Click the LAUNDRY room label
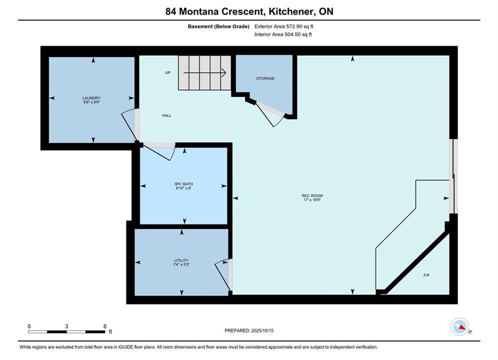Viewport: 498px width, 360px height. point(92,98)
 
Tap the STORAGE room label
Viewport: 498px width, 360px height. point(265,78)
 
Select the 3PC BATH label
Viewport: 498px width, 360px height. point(184,184)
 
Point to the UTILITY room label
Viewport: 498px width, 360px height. point(181,260)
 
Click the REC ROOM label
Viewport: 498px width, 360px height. point(312,195)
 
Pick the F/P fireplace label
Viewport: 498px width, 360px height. point(426,275)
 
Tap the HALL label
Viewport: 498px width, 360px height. point(167,115)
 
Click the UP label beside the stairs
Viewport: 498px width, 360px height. point(168,72)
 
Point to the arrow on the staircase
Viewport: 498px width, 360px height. point(205,73)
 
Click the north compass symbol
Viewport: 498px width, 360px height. point(460,326)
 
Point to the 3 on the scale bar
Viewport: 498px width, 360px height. point(67,326)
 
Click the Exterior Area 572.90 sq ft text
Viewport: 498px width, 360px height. point(284,26)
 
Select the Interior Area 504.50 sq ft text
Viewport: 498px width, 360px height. point(283,34)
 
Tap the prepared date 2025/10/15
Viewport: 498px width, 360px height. point(262,330)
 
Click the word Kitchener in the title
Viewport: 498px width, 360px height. point(290,11)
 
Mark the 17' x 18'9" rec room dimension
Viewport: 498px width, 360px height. point(312,200)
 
